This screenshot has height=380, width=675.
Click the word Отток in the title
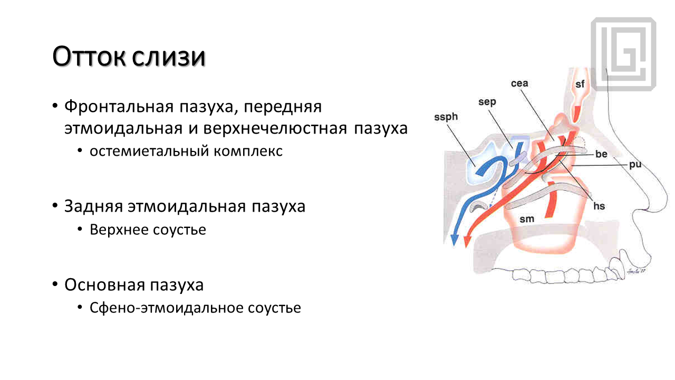[89, 56]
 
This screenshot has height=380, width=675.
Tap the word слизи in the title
[169, 56]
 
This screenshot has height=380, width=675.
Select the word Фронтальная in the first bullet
[119, 107]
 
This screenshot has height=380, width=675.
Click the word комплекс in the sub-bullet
[248, 151]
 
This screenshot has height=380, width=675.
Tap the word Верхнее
[119, 230]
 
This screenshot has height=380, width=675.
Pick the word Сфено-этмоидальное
[166, 308]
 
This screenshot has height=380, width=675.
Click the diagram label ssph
[446, 117]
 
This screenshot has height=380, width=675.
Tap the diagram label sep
[487, 102]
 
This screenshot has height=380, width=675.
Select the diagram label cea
[519, 83]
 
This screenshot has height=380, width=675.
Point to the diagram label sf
[580, 84]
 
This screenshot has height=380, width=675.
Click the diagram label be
[601, 154]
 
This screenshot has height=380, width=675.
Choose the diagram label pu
[635, 165]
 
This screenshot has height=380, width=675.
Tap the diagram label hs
[599, 206]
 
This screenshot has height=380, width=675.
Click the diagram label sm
[527, 219]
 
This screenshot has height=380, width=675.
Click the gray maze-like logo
[623, 54]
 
